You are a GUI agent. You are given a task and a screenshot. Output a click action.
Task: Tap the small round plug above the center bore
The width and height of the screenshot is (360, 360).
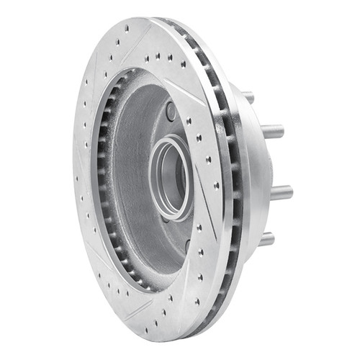171,112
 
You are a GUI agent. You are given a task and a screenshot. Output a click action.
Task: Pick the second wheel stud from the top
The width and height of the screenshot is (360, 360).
272,132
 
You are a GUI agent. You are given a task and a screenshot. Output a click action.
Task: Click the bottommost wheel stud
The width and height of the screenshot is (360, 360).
266,238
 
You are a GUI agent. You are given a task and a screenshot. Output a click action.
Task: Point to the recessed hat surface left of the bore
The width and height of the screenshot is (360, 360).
133,166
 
